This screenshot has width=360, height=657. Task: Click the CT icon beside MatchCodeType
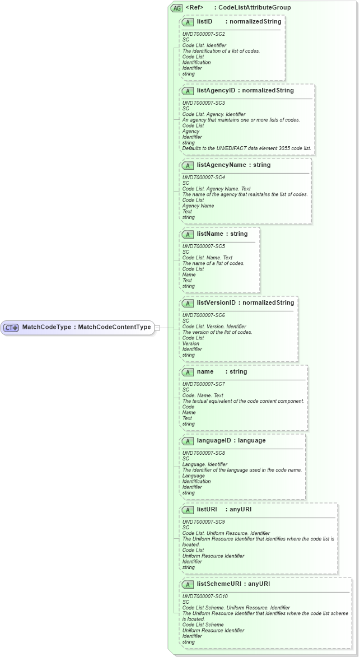click(x=12, y=327)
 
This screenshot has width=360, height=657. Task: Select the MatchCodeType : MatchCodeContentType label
click(x=86, y=327)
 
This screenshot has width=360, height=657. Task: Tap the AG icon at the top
click(x=177, y=8)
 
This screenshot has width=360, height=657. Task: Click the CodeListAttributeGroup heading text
click(x=254, y=8)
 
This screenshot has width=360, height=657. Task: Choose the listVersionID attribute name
click(x=216, y=303)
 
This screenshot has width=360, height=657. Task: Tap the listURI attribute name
click(x=207, y=510)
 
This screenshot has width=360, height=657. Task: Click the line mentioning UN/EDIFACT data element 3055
click(x=247, y=148)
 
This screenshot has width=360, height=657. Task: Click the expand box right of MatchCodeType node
click(x=157, y=327)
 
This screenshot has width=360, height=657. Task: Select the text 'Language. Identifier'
click(x=205, y=464)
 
